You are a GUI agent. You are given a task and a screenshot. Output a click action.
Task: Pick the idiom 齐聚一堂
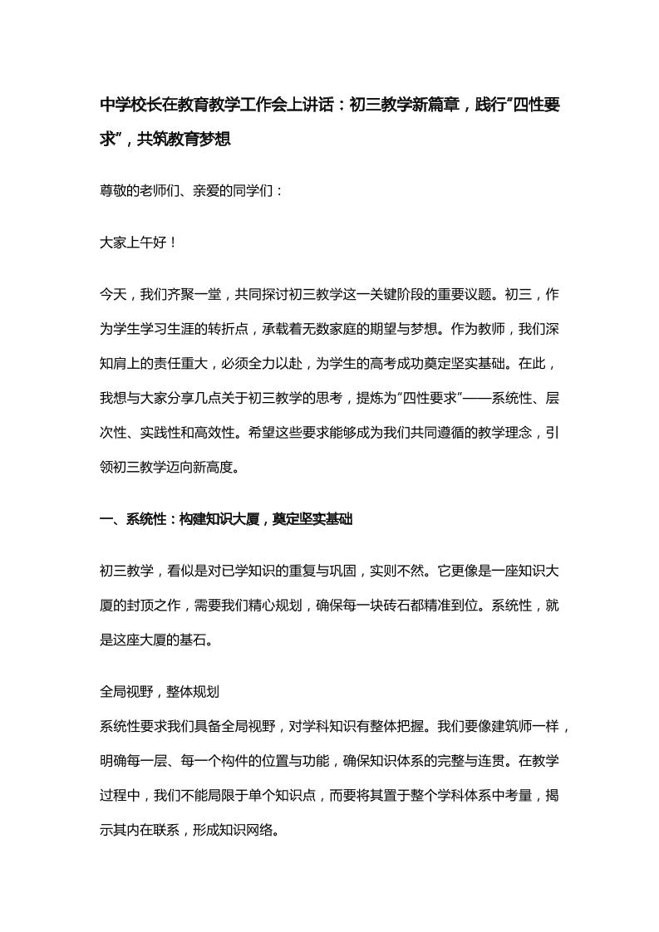pyautogui.click(x=200, y=294)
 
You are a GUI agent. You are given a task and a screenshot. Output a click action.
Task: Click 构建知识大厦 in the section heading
pyautogui.click(x=219, y=519)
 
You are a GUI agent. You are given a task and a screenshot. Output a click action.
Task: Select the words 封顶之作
pyautogui.click(x=151, y=606)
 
